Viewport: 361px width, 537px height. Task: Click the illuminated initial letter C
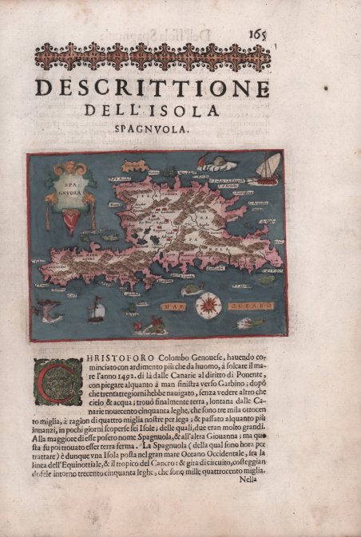point(57,380)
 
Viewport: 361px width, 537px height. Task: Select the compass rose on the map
point(209,304)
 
